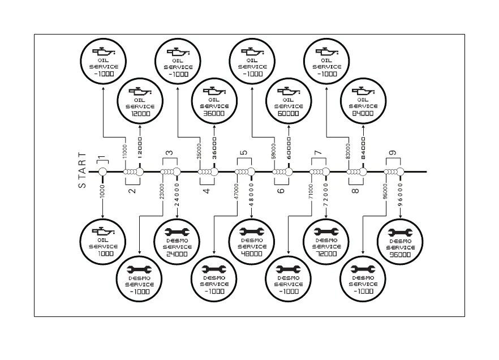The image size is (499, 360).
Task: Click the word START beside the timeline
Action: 83,170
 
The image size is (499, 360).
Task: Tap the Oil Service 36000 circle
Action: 214,102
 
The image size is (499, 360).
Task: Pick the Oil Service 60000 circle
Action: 289,102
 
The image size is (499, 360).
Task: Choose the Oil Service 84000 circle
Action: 363,102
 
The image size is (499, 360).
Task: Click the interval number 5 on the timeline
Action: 244,153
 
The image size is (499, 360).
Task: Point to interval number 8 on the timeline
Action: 356,191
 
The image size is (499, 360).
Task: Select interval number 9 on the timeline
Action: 393,153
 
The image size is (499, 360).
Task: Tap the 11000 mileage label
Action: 125,151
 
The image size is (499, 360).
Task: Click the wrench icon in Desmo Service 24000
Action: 177,232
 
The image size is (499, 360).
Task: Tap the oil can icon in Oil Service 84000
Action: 363,90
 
